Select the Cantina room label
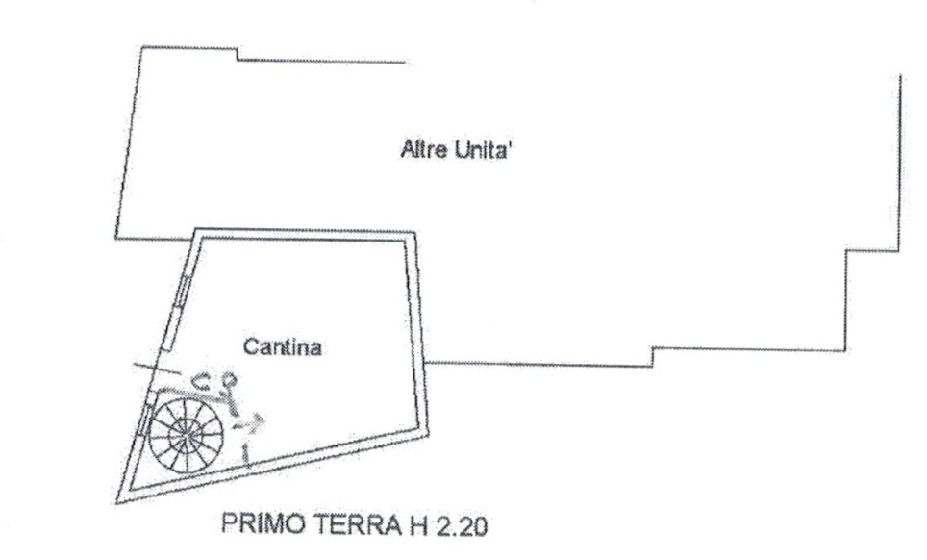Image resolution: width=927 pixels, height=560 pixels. [x=282, y=347]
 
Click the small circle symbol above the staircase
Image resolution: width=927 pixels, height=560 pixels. [x=230, y=382]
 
